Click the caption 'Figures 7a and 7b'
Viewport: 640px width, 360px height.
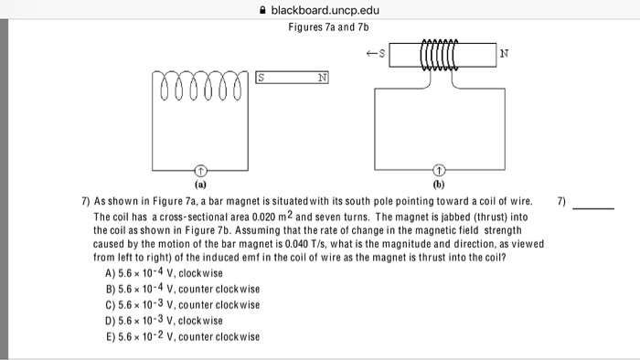(x=321, y=27)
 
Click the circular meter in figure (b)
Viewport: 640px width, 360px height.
(x=440, y=170)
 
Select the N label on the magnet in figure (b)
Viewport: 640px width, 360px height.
(x=504, y=52)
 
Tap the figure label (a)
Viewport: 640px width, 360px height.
(x=201, y=184)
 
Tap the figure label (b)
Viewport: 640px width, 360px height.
(x=440, y=184)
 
